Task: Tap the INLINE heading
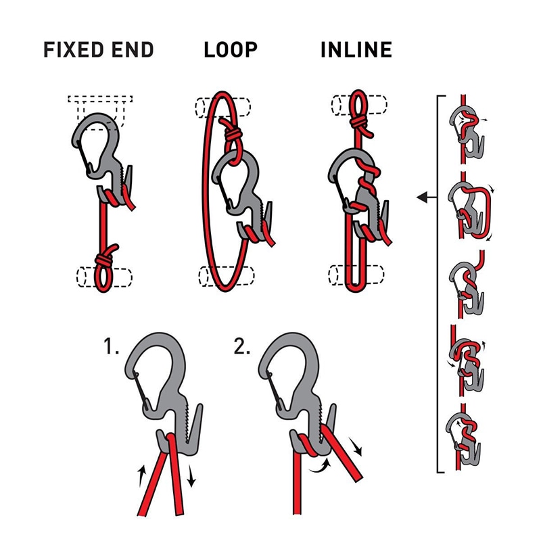click(x=356, y=50)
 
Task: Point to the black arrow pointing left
click(x=427, y=197)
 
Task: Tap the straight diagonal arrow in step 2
click(x=356, y=447)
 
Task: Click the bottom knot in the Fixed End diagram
click(x=106, y=260)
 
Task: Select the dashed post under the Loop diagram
click(x=227, y=275)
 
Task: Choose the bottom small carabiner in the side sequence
click(x=466, y=433)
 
